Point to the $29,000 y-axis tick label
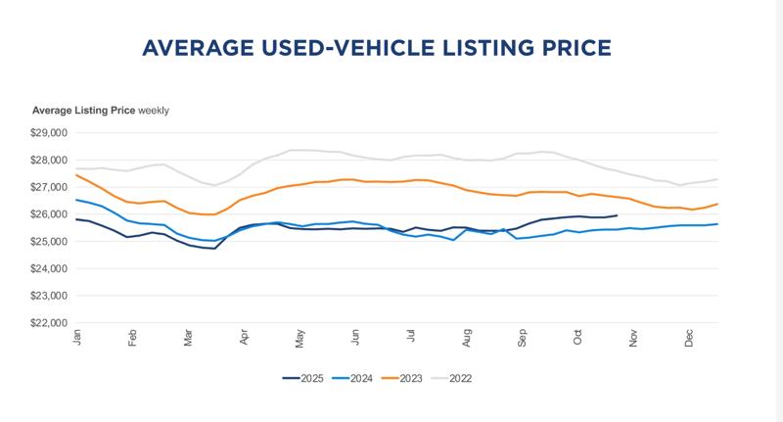click(x=50, y=133)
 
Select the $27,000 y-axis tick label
click(x=50, y=187)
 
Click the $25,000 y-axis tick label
click(x=50, y=241)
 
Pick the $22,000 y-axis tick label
click(x=50, y=322)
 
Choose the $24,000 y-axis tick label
click(x=50, y=268)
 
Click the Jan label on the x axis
click(x=76, y=337)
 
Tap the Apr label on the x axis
click(x=243, y=337)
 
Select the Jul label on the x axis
click(x=411, y=337)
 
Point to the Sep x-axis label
click(x=523, y=337)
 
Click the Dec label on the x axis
click(x=689, y=337)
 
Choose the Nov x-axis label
click(x=633, y=337)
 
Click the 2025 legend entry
click(x=305, y=378)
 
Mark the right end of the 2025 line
click(x=617, y=215)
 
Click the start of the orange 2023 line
click(x=76, y=175)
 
